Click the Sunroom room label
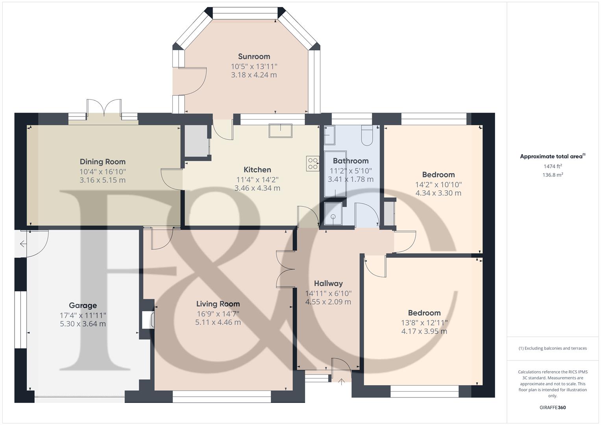pos(254,56)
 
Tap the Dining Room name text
pos(102,162)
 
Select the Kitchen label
pos(257,170)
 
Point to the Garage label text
pos(83,305)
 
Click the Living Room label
pos(218,304)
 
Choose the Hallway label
pos(328,283)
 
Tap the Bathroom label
pos(350,161)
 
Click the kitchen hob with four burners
pos(313,164)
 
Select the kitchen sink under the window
pos(280,130)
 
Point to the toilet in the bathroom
pos(366,135)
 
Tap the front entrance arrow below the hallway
pos(341,381)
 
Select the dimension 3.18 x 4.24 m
pos(254,75)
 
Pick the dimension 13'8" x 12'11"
pos(424,323)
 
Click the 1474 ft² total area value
pos(552,166)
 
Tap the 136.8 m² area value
pos(552,175)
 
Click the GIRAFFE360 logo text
pos(552,407)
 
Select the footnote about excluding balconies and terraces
pos(552,348)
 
